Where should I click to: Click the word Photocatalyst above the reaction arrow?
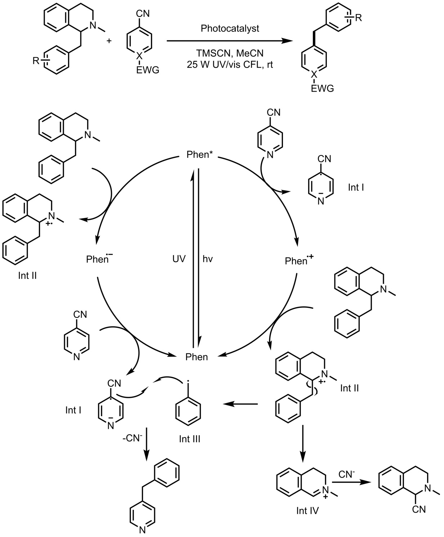point(230,29)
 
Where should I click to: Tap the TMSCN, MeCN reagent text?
point(230,54)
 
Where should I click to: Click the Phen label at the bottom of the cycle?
point(197,357)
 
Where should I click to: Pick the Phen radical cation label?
point(296,260)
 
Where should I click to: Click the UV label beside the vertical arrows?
point(179,259)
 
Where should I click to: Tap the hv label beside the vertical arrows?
point(208,259)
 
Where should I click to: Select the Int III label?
point(190,439)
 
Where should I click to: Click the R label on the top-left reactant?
point(36,61)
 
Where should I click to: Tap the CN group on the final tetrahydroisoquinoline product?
point(418,509)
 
